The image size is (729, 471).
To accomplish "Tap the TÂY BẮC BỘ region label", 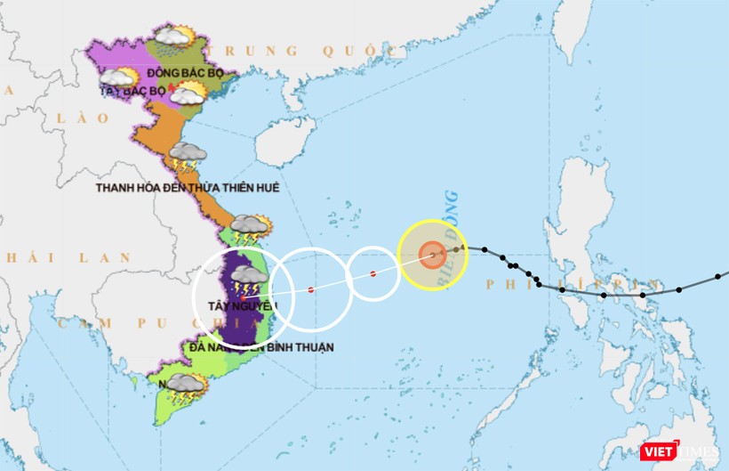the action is pyautogui.click(x=134, y=91).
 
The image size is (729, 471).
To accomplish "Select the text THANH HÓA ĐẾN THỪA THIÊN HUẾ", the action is pyautogui.click(x=188, y=188).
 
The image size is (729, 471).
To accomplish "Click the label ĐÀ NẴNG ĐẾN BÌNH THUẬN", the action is pyautogui.click(x=261, y=346).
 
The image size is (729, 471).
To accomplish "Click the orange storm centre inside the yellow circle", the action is pyautogui.click(x=432, y=255).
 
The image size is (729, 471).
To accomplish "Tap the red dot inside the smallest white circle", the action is pyautogui.click(x=373, y=273).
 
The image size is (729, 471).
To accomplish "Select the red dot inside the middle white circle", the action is pyautogui.click(x=310, y=289).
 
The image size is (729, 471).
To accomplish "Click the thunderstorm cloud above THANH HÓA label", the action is pyautogui.click(x=188, y=157).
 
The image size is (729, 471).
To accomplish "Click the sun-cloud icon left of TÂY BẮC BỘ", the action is pyautogui.click(x=119, y=78).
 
